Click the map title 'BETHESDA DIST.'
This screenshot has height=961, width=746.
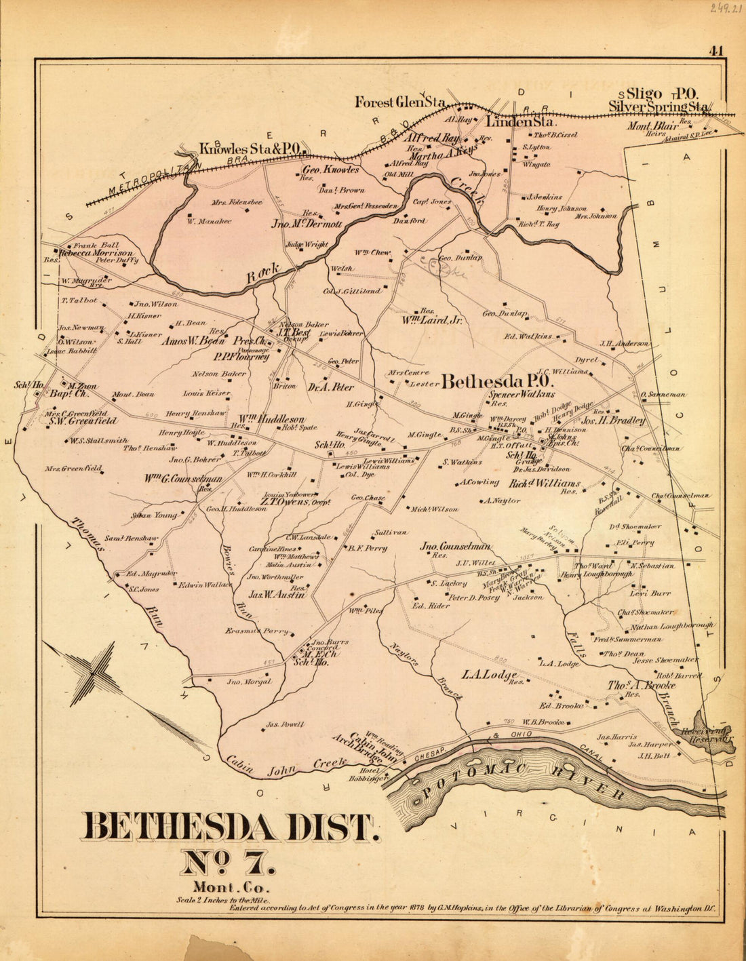[x=229, y=826]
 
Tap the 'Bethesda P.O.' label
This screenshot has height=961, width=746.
[x=498, y=382]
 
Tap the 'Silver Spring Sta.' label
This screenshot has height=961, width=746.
[x=659, y=106]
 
